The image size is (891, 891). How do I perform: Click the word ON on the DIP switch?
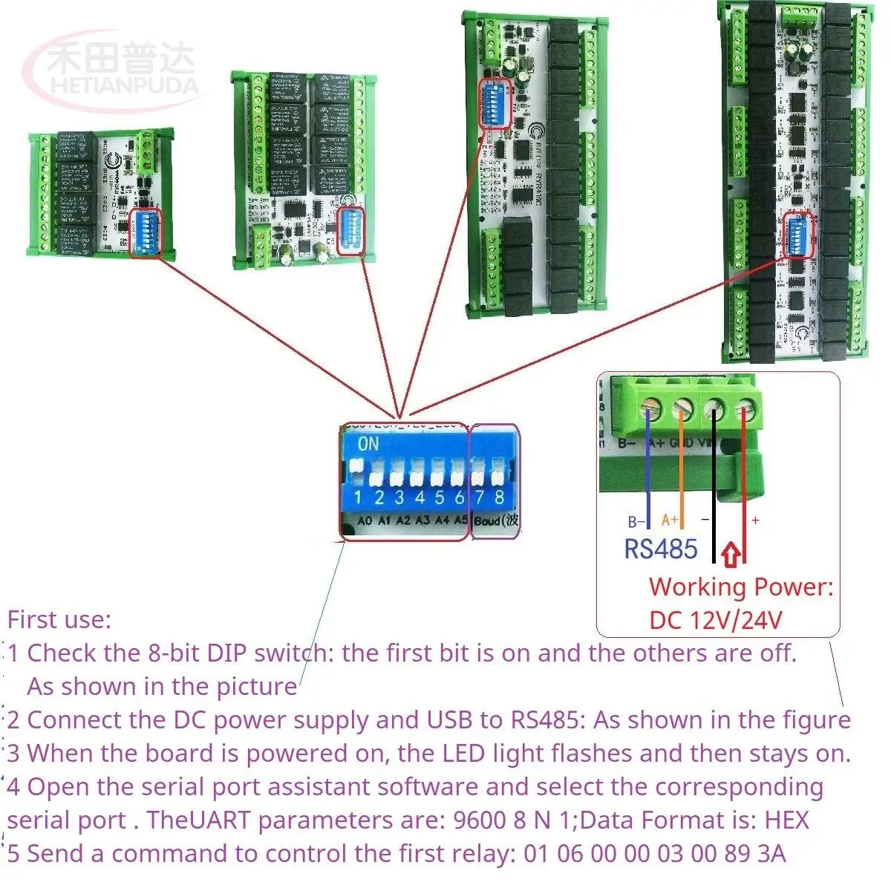(368, 444)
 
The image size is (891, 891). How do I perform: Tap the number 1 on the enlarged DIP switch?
(358, 497)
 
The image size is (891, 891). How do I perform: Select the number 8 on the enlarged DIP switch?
(500, 496)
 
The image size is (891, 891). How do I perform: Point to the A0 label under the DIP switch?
(365, 520)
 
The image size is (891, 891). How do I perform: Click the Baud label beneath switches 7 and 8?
(487, 520)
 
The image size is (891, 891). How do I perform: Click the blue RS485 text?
(660, 549)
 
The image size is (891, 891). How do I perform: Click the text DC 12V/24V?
(715, 620)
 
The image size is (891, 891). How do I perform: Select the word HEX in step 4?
(786, 820)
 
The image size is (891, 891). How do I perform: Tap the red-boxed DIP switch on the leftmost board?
(145, 233)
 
